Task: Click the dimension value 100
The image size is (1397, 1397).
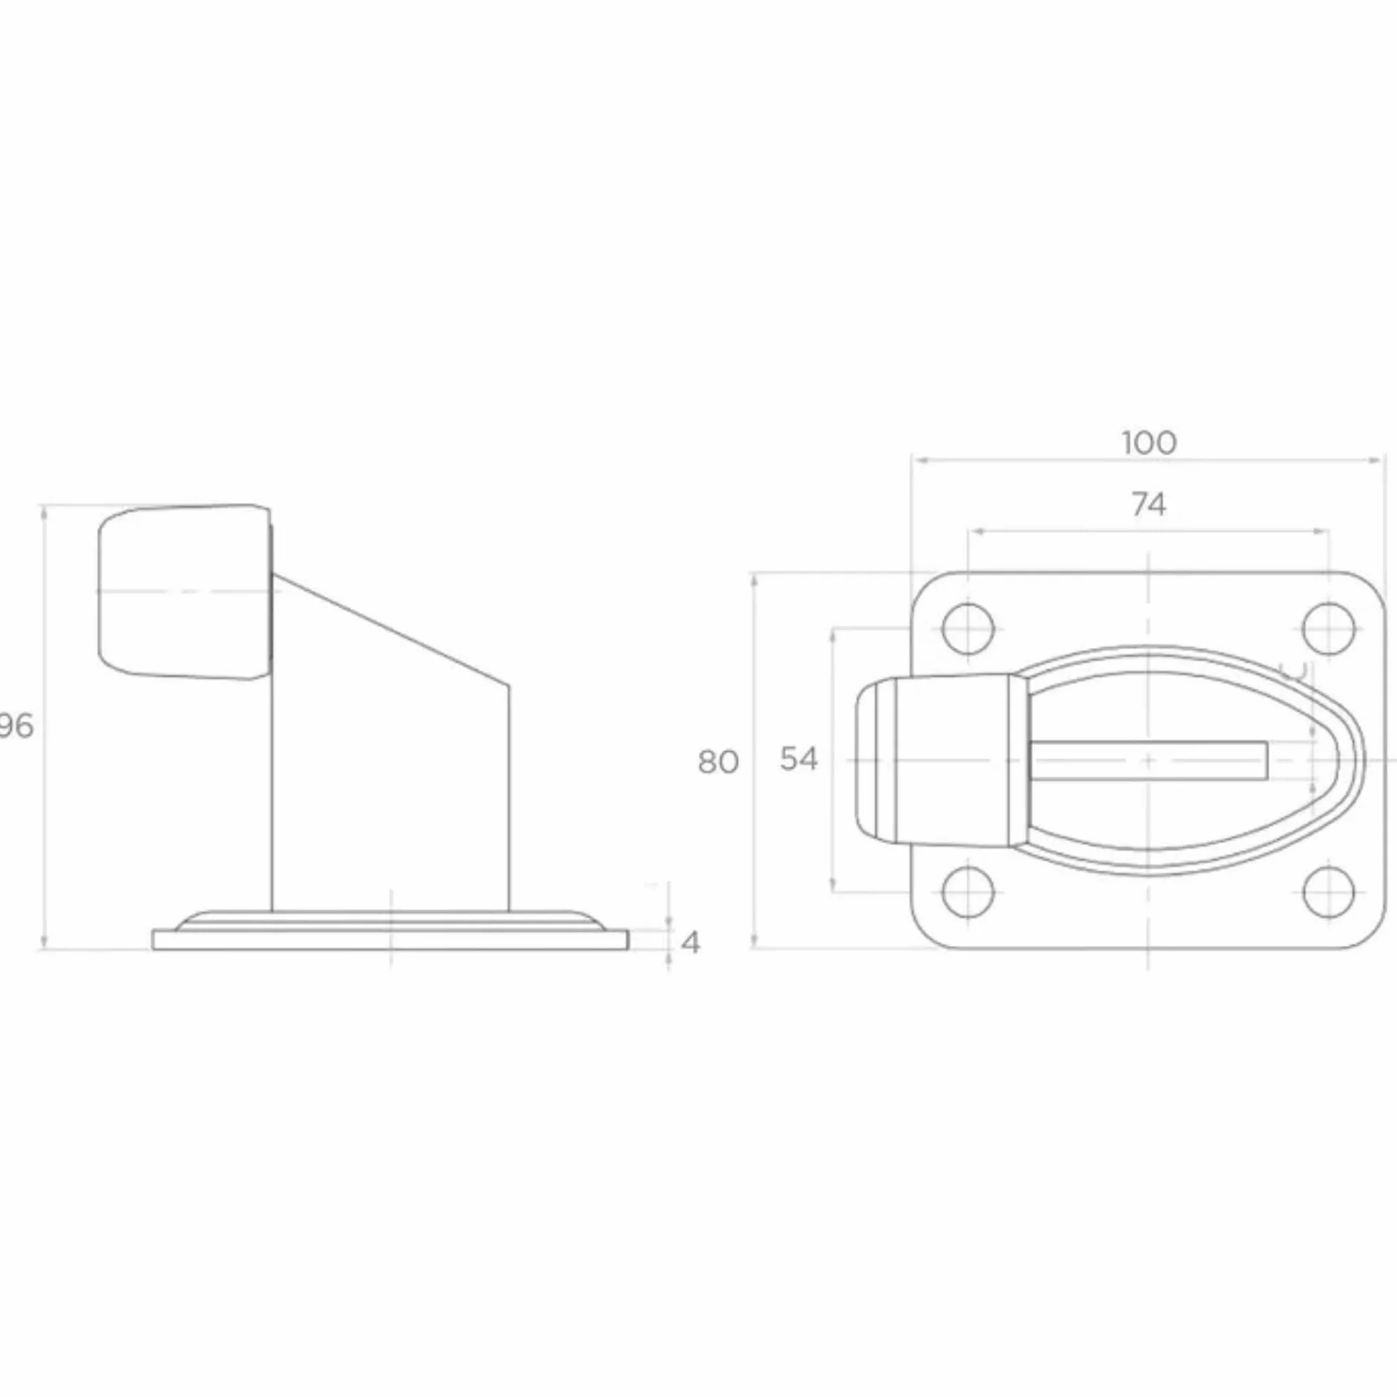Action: point(1149,443)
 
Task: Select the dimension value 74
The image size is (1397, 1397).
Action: point(1149,505)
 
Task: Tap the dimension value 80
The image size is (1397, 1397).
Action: point(718,762)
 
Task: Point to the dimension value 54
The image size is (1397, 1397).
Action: point(799,759)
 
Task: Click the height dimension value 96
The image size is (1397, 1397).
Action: point(16,726)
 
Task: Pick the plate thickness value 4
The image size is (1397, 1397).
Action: point(691,943)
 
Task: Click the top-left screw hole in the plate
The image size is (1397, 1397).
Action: point(968,629)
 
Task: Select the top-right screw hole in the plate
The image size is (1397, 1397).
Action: point(1329,629)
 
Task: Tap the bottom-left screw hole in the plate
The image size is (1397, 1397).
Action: point(968,892)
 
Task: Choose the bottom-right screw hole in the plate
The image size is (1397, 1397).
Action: point(1329,892)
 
